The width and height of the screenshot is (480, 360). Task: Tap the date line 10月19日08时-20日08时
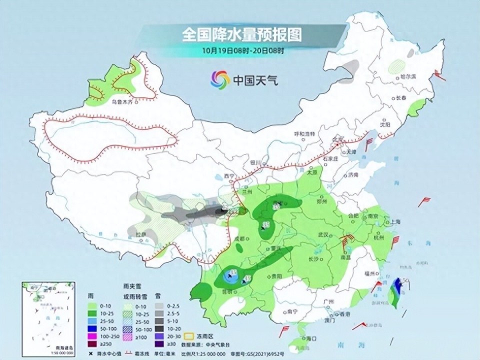pos(243,50)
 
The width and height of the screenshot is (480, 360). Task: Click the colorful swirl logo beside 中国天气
pos(219,78)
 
